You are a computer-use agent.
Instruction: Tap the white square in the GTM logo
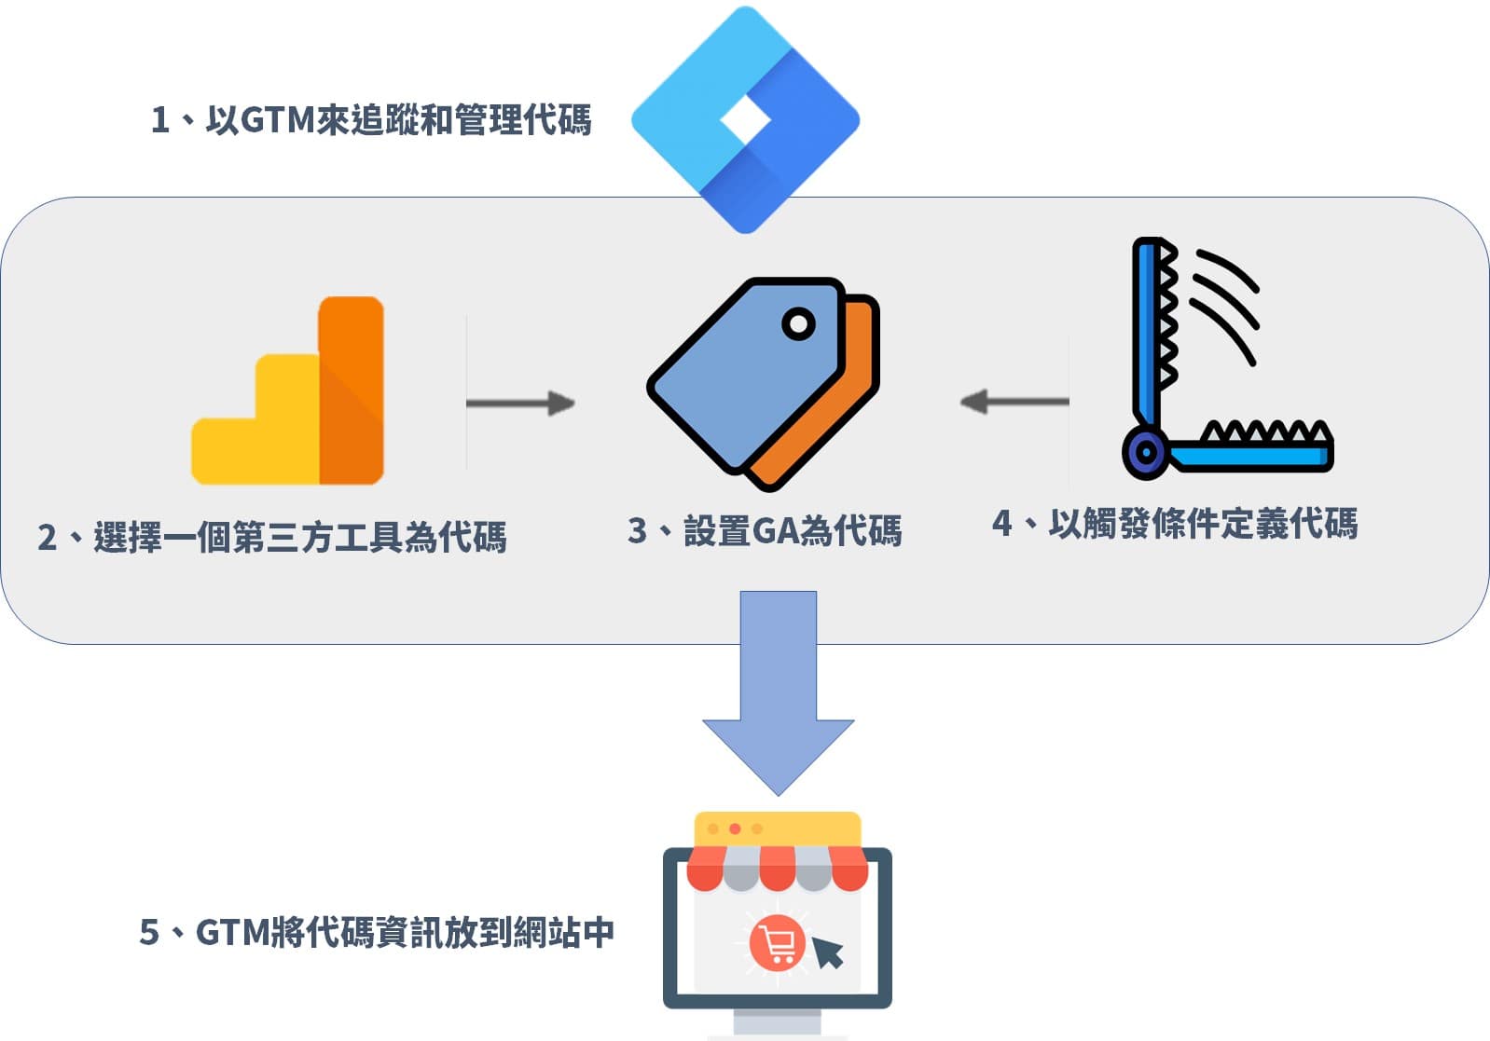(x=745, y=120)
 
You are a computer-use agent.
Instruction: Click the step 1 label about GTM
(x=371, y=120)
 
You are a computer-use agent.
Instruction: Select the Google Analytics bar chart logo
(x=288, y=391)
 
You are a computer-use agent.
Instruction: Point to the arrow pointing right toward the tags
(x=520, y=403)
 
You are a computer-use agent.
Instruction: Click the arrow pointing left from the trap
(x=1014, y=402)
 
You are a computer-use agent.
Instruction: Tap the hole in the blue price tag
(x=798, y=324)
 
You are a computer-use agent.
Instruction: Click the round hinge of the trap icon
(x=1145, y=453)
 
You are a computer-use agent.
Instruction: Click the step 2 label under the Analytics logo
(x=271, y=538)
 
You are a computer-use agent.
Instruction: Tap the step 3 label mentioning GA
(x=765, y=530)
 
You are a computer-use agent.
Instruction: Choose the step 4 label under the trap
(x=1175, y=524)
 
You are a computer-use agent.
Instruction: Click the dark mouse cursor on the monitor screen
(x=827, y=952)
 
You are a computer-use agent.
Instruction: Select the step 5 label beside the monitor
(x=377, y=932)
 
